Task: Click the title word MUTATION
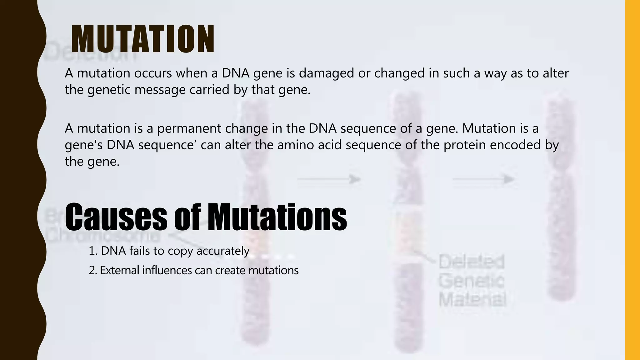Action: click(x=143, y=39)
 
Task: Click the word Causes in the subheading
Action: click(x=116, y=216)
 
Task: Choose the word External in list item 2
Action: click(x=119, y=270)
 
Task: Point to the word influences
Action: click(x=167, y=270)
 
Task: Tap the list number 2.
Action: click(x=93, y=270)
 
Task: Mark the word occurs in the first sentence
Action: click(x=153, y=73)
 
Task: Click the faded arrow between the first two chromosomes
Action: click(x=329, y=179)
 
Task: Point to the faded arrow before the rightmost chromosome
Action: click(x=483, y=179)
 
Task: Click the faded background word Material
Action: click(x=472, y=300)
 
